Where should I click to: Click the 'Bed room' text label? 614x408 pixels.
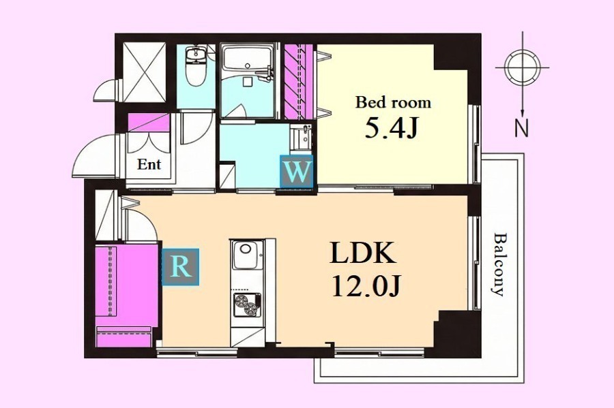click(393, 102)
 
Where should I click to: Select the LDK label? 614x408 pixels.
click(363, 253)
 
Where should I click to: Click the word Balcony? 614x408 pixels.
click(499, 264)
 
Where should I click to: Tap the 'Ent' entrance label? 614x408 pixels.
click(149, 164)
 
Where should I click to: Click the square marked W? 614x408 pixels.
click(297, 171)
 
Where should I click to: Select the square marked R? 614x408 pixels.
click(180, 267)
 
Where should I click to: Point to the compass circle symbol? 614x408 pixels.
click(522, 67)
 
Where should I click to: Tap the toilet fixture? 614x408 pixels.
click(195, 66)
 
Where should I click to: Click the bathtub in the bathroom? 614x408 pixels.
click(247, 59)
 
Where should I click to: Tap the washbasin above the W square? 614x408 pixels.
click(301, 137)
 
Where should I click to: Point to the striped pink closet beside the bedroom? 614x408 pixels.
click(298, 82)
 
